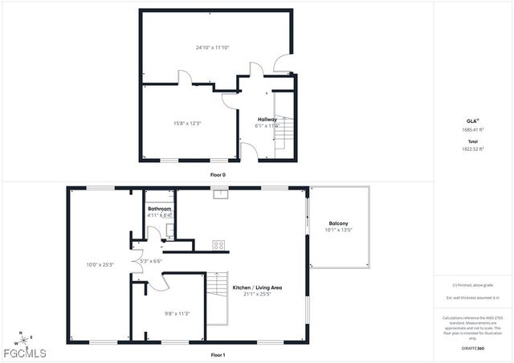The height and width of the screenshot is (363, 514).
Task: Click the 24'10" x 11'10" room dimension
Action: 212,47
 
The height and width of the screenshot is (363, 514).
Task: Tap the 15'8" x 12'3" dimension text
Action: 187,123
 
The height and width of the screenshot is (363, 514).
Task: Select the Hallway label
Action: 267,119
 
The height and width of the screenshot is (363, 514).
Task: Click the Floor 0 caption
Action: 218,174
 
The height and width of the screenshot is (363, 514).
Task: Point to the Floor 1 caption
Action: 218,354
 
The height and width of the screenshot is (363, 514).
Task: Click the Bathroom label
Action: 159,209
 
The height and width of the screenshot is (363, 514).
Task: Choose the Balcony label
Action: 338,223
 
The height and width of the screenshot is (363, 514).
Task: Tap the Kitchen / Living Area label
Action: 257,288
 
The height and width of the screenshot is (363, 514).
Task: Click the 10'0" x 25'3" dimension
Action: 100,264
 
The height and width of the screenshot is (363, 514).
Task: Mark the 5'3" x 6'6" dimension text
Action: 150,260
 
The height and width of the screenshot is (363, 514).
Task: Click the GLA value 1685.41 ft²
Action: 472,129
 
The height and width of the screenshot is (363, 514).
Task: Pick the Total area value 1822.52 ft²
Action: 472,149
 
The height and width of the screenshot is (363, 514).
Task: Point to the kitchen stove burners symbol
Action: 218,245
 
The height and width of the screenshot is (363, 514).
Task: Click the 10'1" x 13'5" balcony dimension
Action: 338,230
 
